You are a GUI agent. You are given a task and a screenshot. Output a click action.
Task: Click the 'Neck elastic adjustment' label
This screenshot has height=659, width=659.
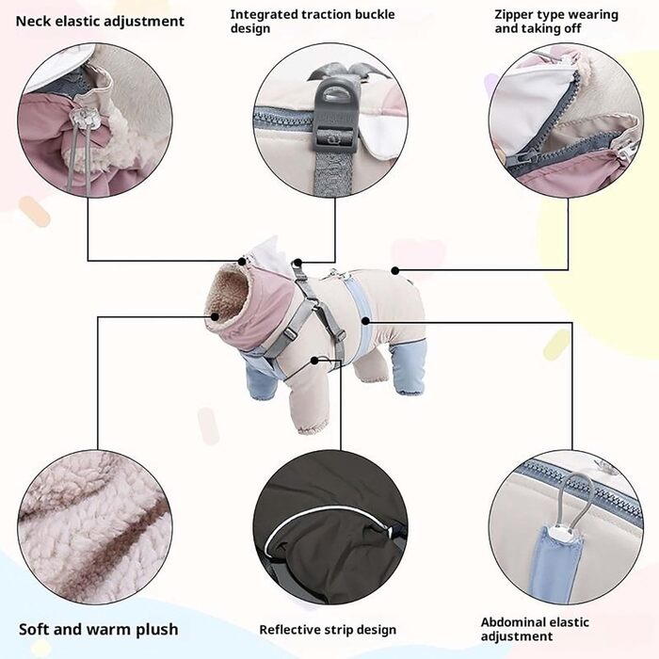pos(100,21)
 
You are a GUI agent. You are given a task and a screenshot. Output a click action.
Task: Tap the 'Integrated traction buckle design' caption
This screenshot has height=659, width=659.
pos(313,21)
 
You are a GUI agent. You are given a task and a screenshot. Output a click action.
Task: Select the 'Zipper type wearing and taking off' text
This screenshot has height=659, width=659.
pos(556,21)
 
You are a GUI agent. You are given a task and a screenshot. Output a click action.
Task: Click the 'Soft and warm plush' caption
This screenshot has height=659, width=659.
pos(98,629)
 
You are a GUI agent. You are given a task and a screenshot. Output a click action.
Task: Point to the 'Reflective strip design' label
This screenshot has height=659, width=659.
pos(328,629)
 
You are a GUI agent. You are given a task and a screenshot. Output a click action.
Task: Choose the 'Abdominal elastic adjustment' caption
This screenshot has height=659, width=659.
pos(535,629)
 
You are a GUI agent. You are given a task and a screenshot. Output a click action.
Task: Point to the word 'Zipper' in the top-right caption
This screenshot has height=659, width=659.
pos(516,14)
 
